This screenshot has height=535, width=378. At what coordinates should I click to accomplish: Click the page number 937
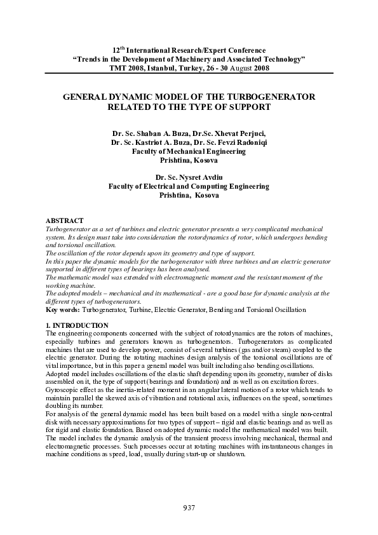coord(189,508)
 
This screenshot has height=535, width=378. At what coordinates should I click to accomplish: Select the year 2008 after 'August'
coord(260,67)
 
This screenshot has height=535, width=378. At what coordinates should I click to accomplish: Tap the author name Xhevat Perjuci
coord(238,133)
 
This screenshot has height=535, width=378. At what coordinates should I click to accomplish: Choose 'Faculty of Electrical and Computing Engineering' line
coord(189,187)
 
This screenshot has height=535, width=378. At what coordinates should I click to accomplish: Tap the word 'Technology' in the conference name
coord(280,58)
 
